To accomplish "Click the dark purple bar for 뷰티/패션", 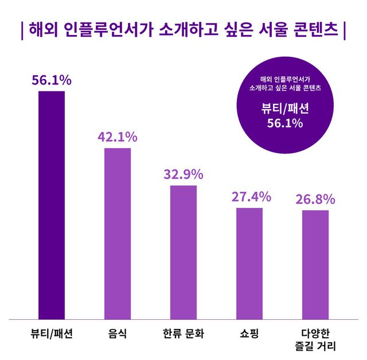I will point(51,204).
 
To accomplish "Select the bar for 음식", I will point(118,233).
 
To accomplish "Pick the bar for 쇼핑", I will point(249,263).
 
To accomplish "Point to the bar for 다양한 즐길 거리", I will point(315,264).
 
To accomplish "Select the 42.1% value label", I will point(117,137).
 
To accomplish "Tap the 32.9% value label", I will point(183,175).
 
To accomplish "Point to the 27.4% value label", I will point(251,197).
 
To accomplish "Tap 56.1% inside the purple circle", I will point(285,123).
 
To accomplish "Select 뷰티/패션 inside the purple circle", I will point(285,109).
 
